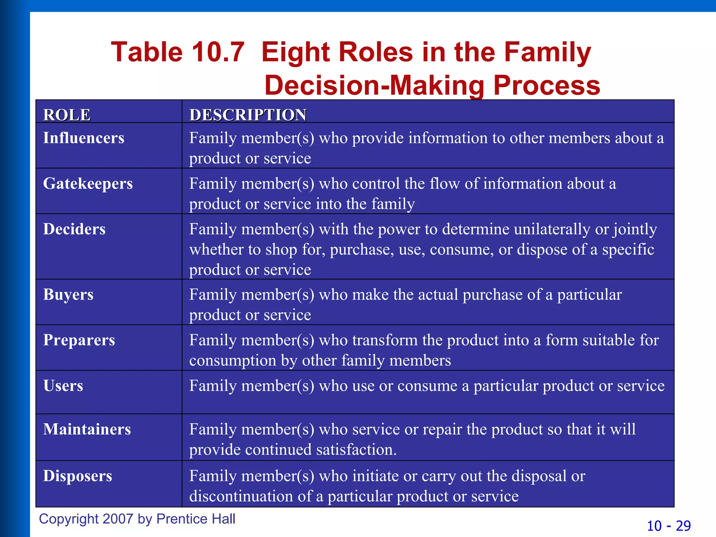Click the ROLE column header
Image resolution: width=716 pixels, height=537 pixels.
pyautogui.click(x=67, y=115)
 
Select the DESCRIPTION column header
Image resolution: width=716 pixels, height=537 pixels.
pyautogui.click(x=248, y=115)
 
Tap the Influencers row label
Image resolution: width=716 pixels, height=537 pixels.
pyautogui.click(x=84, y=138)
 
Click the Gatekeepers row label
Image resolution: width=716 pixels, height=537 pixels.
pyautogui.click(x=88, y=184)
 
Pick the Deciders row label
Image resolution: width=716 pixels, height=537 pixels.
pyautogui.click(x=74, y=229)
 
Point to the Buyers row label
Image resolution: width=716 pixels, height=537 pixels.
pyautogui.click(x=68, y=295)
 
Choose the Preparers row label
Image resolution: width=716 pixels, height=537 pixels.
pyautogui.click(x=79, y=340)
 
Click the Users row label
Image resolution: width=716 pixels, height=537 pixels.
pyautogui.click(x=63, y=386)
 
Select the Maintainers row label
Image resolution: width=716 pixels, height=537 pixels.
pyautogui.click(x=87, y=429)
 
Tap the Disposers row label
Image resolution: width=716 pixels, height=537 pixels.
pyautogui.click(x=78, y=476)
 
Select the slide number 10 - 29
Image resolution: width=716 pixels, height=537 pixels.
pyautogui.click(x=668, y=526)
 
